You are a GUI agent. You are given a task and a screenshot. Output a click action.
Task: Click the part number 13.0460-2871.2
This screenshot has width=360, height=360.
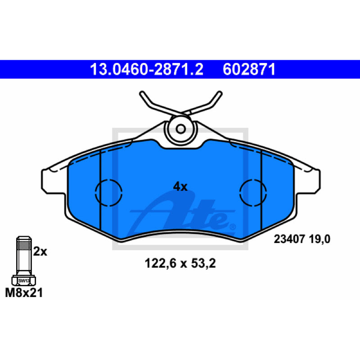coord(147,69)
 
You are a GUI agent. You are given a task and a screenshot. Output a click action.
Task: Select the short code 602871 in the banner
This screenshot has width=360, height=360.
coord(249,69)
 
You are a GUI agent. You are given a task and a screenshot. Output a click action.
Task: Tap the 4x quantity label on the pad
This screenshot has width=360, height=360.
coord(180,187)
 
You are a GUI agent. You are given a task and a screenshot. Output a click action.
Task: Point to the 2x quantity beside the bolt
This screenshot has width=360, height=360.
coord(40,252)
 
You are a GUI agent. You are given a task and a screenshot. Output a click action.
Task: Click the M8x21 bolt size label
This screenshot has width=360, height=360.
coord(24,293)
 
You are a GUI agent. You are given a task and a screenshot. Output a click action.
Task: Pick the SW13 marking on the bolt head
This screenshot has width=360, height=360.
coord(24,280)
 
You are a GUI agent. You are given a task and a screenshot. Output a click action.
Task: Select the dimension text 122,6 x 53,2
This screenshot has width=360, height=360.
coord(180,263)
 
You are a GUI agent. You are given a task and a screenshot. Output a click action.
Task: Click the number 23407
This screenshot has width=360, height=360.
coord(289,239)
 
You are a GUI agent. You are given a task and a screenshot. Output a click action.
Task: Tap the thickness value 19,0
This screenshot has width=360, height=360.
coord(319,239)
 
